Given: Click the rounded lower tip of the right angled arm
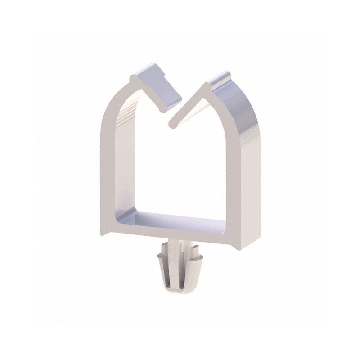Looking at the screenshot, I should click(172, 121).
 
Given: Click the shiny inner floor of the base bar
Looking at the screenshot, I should click(171, 218).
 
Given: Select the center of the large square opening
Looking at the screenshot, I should click(171, 171).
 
